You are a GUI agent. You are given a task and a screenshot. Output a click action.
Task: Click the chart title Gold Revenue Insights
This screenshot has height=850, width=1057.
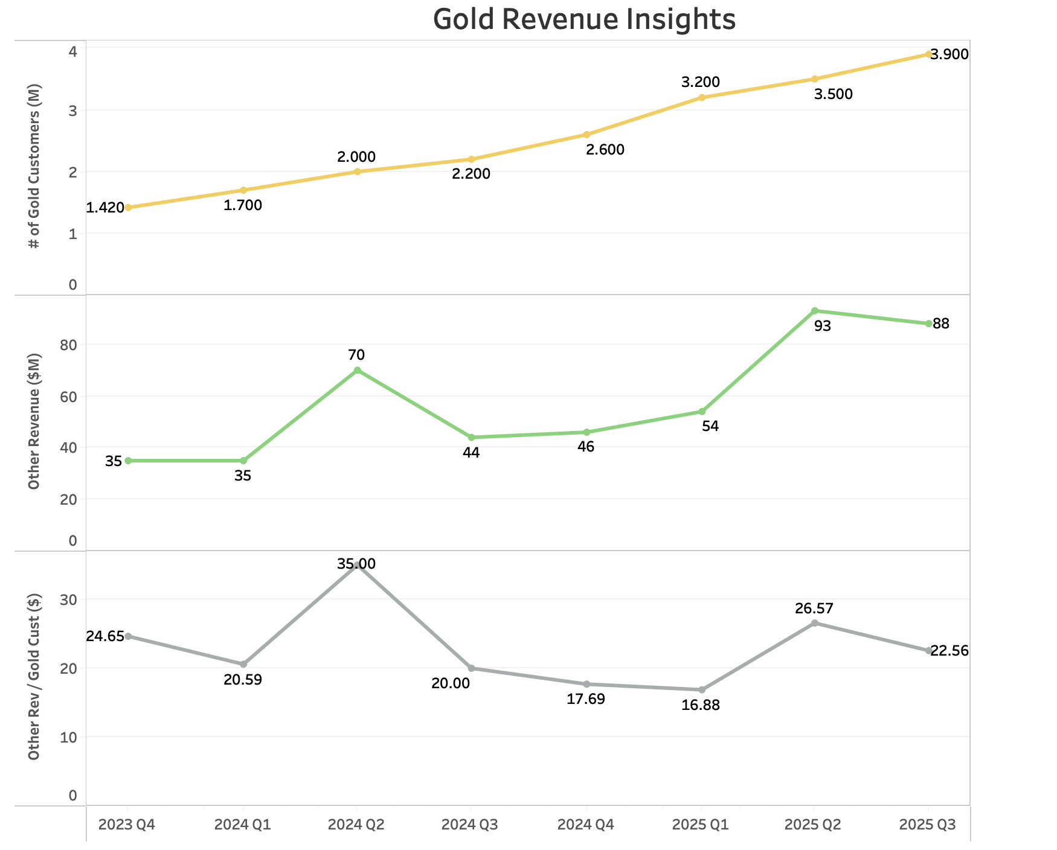(x=584, y=19)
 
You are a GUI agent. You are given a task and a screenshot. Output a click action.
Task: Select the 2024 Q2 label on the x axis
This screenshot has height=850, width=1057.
(x=356, y=825)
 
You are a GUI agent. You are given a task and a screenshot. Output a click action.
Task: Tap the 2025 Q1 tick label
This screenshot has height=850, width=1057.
(x=701, y=825)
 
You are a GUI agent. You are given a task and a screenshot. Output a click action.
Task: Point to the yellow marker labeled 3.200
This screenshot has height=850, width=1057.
(x=702, y=97)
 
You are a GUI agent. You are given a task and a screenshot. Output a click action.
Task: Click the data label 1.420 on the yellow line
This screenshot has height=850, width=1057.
(x=105, y=208)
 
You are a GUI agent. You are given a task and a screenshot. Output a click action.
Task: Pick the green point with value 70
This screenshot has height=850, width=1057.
(x=357, y=370)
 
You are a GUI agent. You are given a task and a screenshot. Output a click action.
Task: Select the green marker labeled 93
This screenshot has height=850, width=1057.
(x=814, y=311)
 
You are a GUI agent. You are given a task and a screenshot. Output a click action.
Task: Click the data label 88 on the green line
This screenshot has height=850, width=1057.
(x=941, y=324)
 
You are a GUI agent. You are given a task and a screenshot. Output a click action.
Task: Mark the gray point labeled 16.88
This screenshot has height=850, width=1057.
(x=702, y=689)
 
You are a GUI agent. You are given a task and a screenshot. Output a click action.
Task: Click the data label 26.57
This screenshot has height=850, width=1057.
(x=814, y=609)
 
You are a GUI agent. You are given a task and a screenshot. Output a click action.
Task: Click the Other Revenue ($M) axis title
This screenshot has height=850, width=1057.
(x=34, y=421)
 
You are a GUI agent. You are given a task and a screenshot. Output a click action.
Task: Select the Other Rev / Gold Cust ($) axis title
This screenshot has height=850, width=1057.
(x=34, y=676)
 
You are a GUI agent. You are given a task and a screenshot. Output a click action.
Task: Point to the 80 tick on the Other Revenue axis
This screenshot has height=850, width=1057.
(x=69, y=345)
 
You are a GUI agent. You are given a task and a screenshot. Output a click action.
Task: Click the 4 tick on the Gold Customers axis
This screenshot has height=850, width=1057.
(x=72, y=52)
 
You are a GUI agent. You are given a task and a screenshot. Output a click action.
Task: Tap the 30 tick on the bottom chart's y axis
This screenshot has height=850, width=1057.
(x=69, y=599)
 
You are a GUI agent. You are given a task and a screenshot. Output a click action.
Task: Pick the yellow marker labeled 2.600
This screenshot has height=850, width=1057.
(x=586, y=135)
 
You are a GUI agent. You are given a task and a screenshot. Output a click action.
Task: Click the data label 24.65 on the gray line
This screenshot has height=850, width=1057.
(x=105, y=636)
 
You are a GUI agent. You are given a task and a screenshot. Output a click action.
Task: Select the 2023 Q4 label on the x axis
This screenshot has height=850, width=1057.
(x=127, y=825)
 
